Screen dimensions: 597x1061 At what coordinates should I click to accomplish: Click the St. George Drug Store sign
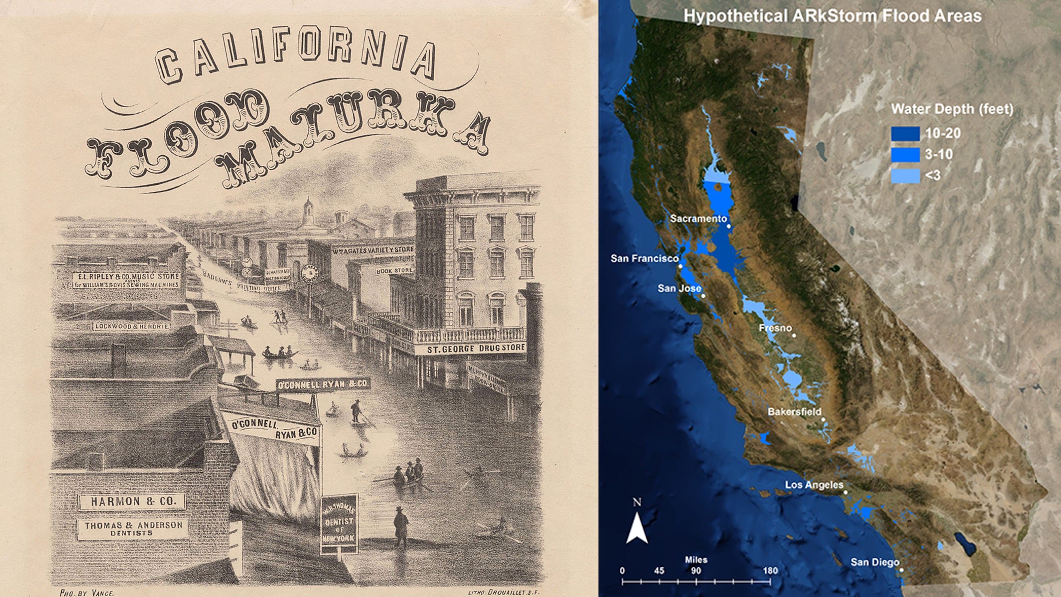coord(477,348)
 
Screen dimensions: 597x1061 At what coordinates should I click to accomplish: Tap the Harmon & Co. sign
coord(133,501)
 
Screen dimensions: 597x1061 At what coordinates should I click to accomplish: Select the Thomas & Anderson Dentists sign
coord(133,528)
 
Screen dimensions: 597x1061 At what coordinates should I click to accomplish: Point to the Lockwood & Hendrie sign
coord(131,327)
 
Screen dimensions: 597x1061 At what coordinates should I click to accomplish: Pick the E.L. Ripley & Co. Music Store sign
coord(127,280)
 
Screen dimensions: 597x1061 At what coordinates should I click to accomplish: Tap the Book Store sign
coord(394,271)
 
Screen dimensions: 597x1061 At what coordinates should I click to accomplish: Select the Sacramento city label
coord(698,219)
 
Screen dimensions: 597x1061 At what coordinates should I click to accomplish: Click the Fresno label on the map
coord(775,328)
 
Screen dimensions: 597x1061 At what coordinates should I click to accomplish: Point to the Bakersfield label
coord(795,411)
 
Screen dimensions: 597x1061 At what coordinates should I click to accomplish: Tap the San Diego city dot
coord(901,570)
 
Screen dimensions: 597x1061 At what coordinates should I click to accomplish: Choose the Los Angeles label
coord(814,485)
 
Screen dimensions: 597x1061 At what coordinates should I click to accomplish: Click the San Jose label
coord(679,288)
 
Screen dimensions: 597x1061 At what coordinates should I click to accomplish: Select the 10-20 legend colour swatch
coord(905,134)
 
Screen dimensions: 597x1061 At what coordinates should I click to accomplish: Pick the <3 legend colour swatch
coord(905,176)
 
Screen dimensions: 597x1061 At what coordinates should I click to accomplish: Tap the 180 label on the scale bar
coord(770,571)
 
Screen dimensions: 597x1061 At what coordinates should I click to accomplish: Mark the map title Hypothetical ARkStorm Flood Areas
coord(832,16)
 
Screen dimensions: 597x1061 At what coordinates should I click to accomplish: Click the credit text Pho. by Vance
coord(86,592)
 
